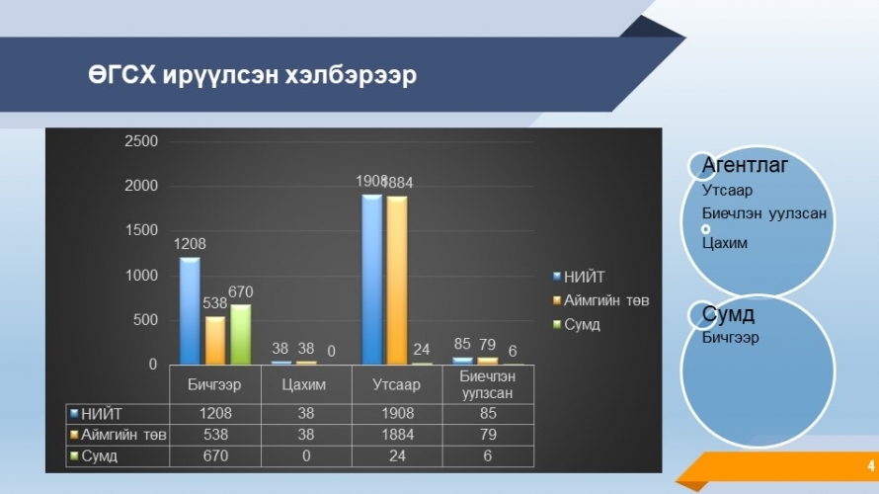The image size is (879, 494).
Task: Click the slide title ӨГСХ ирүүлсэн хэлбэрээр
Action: click(252, 74)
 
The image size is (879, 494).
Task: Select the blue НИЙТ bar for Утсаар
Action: click(371, 280)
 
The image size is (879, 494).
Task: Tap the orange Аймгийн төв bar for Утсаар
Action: click(397, 281)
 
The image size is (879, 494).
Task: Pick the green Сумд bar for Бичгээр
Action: click(241, 335)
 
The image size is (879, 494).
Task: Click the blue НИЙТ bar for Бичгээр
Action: click(190, 311)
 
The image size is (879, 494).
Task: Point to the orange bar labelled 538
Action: click(215, 340)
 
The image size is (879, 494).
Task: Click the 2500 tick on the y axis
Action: click(141, 140)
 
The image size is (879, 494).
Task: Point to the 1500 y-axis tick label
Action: click(141, 230)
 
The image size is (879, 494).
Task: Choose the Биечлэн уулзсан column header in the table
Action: click(487, 384)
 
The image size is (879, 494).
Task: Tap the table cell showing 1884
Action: click(397, 435)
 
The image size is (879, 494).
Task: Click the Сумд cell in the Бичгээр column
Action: click(215, 455)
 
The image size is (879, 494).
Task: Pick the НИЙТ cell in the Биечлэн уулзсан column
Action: click(488, 413)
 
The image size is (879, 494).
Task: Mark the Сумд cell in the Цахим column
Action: click(306, 455)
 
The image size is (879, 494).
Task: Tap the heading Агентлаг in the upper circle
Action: click(745, 165)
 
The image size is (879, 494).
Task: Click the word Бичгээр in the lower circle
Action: click(731, 338)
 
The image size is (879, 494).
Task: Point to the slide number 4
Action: click(870, 465)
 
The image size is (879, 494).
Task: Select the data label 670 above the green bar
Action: click(241, 292)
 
